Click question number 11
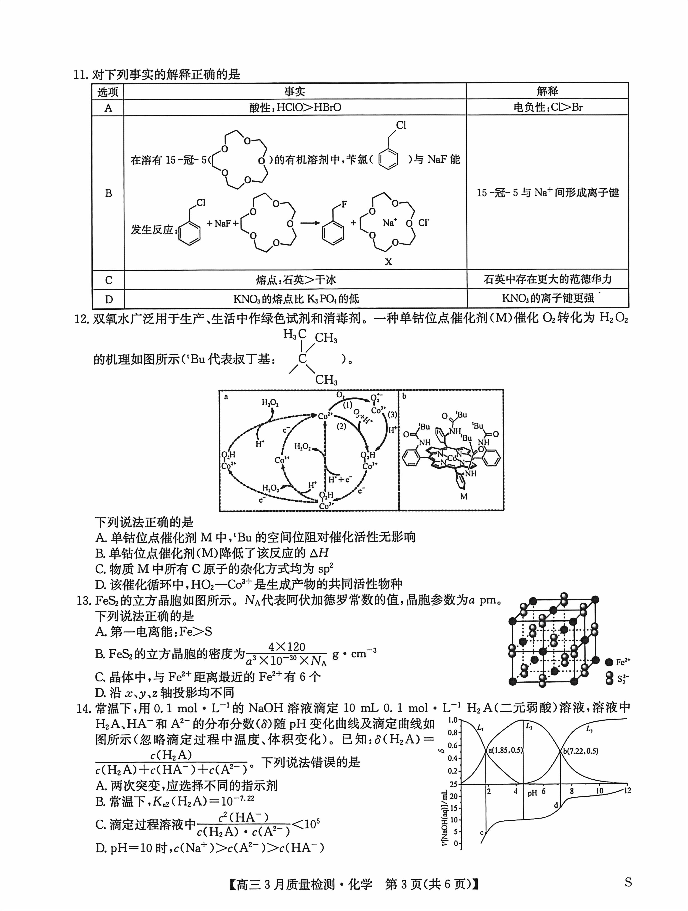[x=81, y=75]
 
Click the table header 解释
[x=547, y=91]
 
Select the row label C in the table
[x=108, y=280]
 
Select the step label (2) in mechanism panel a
[x=341, y=426]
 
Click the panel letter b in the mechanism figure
[x=404, y=396]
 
